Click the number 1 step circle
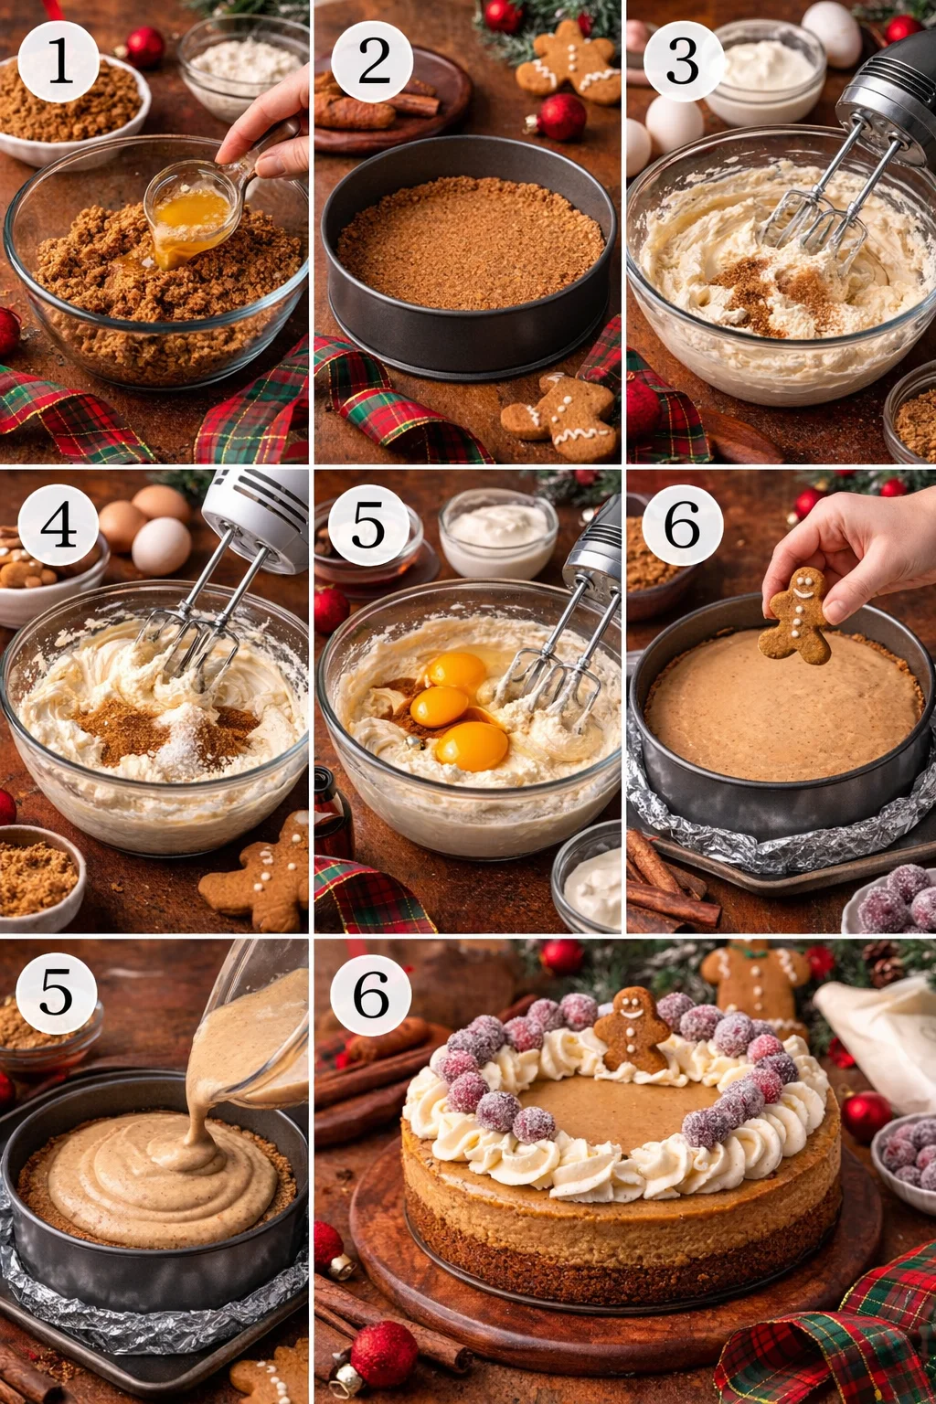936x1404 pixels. [x=58, y=61]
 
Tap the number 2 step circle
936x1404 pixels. [x=372, y=61]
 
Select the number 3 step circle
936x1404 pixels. [x=683, y=61]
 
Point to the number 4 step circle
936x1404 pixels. [x=58, y=525]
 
